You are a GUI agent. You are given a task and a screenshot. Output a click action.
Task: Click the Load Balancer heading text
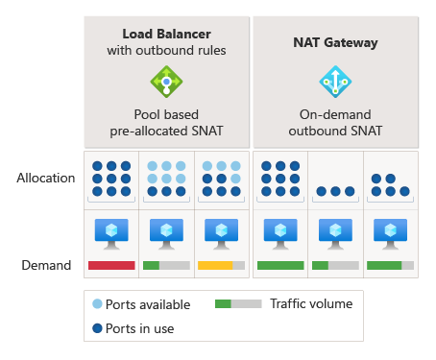(x=166, y=34)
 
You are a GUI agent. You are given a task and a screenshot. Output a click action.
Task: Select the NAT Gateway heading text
(x=335, y=42)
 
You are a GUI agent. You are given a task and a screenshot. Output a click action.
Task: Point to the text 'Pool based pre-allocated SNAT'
(x=166, y=122)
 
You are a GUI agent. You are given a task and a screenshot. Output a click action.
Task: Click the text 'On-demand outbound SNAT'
(x=335, y=122)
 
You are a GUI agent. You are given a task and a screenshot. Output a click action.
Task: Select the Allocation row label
(x=45, y=178)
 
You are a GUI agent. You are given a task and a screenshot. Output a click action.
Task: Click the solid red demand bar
(x=111, y=265)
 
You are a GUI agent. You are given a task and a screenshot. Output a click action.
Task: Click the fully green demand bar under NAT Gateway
(x=280, y=265)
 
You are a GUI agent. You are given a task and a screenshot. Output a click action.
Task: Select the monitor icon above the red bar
(x=111, y=234)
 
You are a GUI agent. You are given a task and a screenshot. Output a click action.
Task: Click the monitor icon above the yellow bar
(x=222, y=234)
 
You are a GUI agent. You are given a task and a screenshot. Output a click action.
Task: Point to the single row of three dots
(x=335, y=190)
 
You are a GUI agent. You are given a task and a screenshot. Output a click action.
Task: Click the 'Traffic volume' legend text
(x=311, y=304)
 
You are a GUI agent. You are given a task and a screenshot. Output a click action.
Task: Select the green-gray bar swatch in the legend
(x=237, y=304)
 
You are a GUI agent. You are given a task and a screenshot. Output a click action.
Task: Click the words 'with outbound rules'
(x=166, y=50)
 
